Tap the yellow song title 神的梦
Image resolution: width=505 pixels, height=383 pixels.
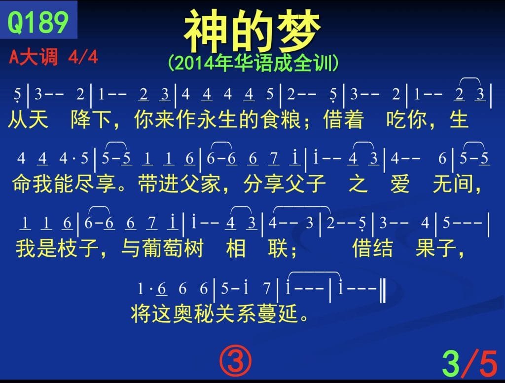pyautogui.click(x=252, y=31)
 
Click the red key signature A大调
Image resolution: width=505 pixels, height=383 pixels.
pyautogui.click(x=34, y=57)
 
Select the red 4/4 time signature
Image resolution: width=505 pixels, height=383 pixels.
pyautogui.click(x=83, y=57)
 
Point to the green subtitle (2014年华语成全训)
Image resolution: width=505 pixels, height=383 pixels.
pyautogui.click(x=253, y=63)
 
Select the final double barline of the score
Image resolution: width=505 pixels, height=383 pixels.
pyautogui.click(x=383, y=291)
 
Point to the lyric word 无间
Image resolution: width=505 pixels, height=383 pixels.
pyautogui.click(x=453, y=184)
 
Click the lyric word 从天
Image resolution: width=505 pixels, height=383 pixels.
pyautogui.click(x=28, y=119)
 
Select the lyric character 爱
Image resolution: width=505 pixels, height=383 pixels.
pyautogui.click(x=400, y=184)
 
